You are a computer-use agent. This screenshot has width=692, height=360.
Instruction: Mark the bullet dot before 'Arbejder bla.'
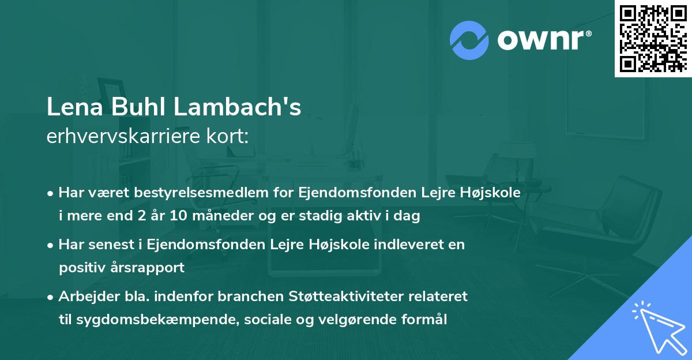coord(52,297)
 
